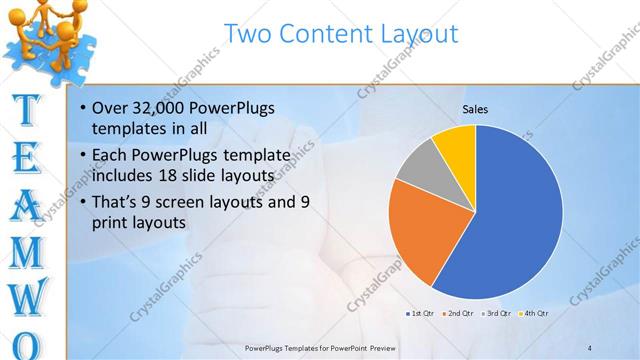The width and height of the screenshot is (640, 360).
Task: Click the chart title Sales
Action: [x=475, y=109]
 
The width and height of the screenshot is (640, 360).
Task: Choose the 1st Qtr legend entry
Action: [x=418, y=314]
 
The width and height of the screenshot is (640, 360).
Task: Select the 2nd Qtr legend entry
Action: [x=457, y=314]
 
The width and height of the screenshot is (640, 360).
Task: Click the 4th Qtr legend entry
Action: [x=534, y=314]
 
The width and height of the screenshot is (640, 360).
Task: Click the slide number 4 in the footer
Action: [x=590, y=347]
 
